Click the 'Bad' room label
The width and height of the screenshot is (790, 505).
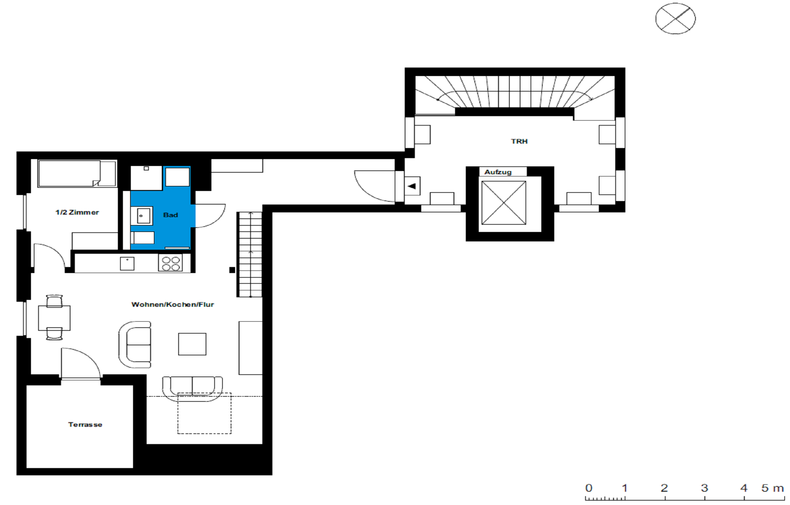(x=170, y=215)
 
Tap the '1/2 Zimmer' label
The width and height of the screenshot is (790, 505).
(x=77, y=212)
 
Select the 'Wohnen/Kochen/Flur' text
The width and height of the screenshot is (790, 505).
(x=173, y=305)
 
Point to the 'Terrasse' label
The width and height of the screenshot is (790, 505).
(x=85, y=425)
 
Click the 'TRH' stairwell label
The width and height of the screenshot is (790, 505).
(x=519, y=141)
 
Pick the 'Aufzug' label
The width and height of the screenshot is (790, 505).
(x=498, y=172)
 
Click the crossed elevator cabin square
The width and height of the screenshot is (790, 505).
(x=504, y=203)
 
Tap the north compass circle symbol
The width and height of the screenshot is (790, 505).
(x=676, y=18)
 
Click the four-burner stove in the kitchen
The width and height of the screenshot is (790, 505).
(x=171, y=263)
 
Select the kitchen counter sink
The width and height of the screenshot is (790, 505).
(x=127, y=264)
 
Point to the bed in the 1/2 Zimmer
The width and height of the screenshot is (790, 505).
(x=77, y=174)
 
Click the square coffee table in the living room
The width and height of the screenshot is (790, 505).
(x=192, y=344)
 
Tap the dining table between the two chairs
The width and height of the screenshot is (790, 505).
(x=54, y=318)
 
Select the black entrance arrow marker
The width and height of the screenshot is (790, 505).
(x=411, y=186)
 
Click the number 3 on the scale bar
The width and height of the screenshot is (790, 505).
(x=704, y=488)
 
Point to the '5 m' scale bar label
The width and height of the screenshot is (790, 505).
(x=773, y=488)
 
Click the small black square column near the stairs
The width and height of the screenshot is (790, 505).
(x=232, y=270)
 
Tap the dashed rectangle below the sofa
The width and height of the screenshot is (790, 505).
(x=204, y=413)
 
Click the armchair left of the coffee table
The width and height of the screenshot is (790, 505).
(x=135, y=345)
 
